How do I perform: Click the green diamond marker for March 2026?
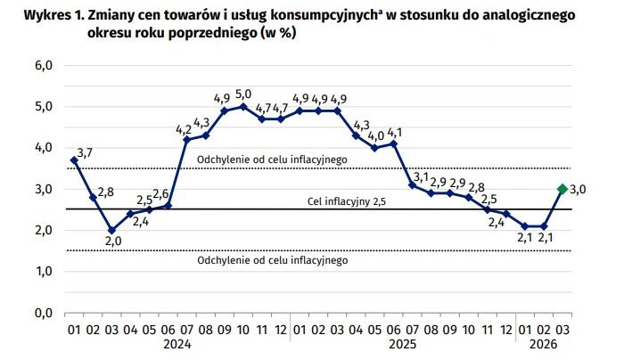click(x=562, y=188)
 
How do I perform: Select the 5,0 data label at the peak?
click(x=243, y=94)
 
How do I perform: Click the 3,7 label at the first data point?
click(x=85, y=152)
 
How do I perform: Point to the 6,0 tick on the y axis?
click(x=44, y=65)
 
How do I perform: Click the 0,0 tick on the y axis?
click(x=44, y=313)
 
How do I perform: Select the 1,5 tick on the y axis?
click(x=44, y=271)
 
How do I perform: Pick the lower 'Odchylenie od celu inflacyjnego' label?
click(x=270, y=261)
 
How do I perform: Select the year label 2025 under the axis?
click(x=402, y=344)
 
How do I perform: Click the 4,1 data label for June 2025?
click(x=395, y=131)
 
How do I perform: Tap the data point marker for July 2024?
click(x=187, y=140)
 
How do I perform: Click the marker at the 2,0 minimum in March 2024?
click(x=111, y=230)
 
